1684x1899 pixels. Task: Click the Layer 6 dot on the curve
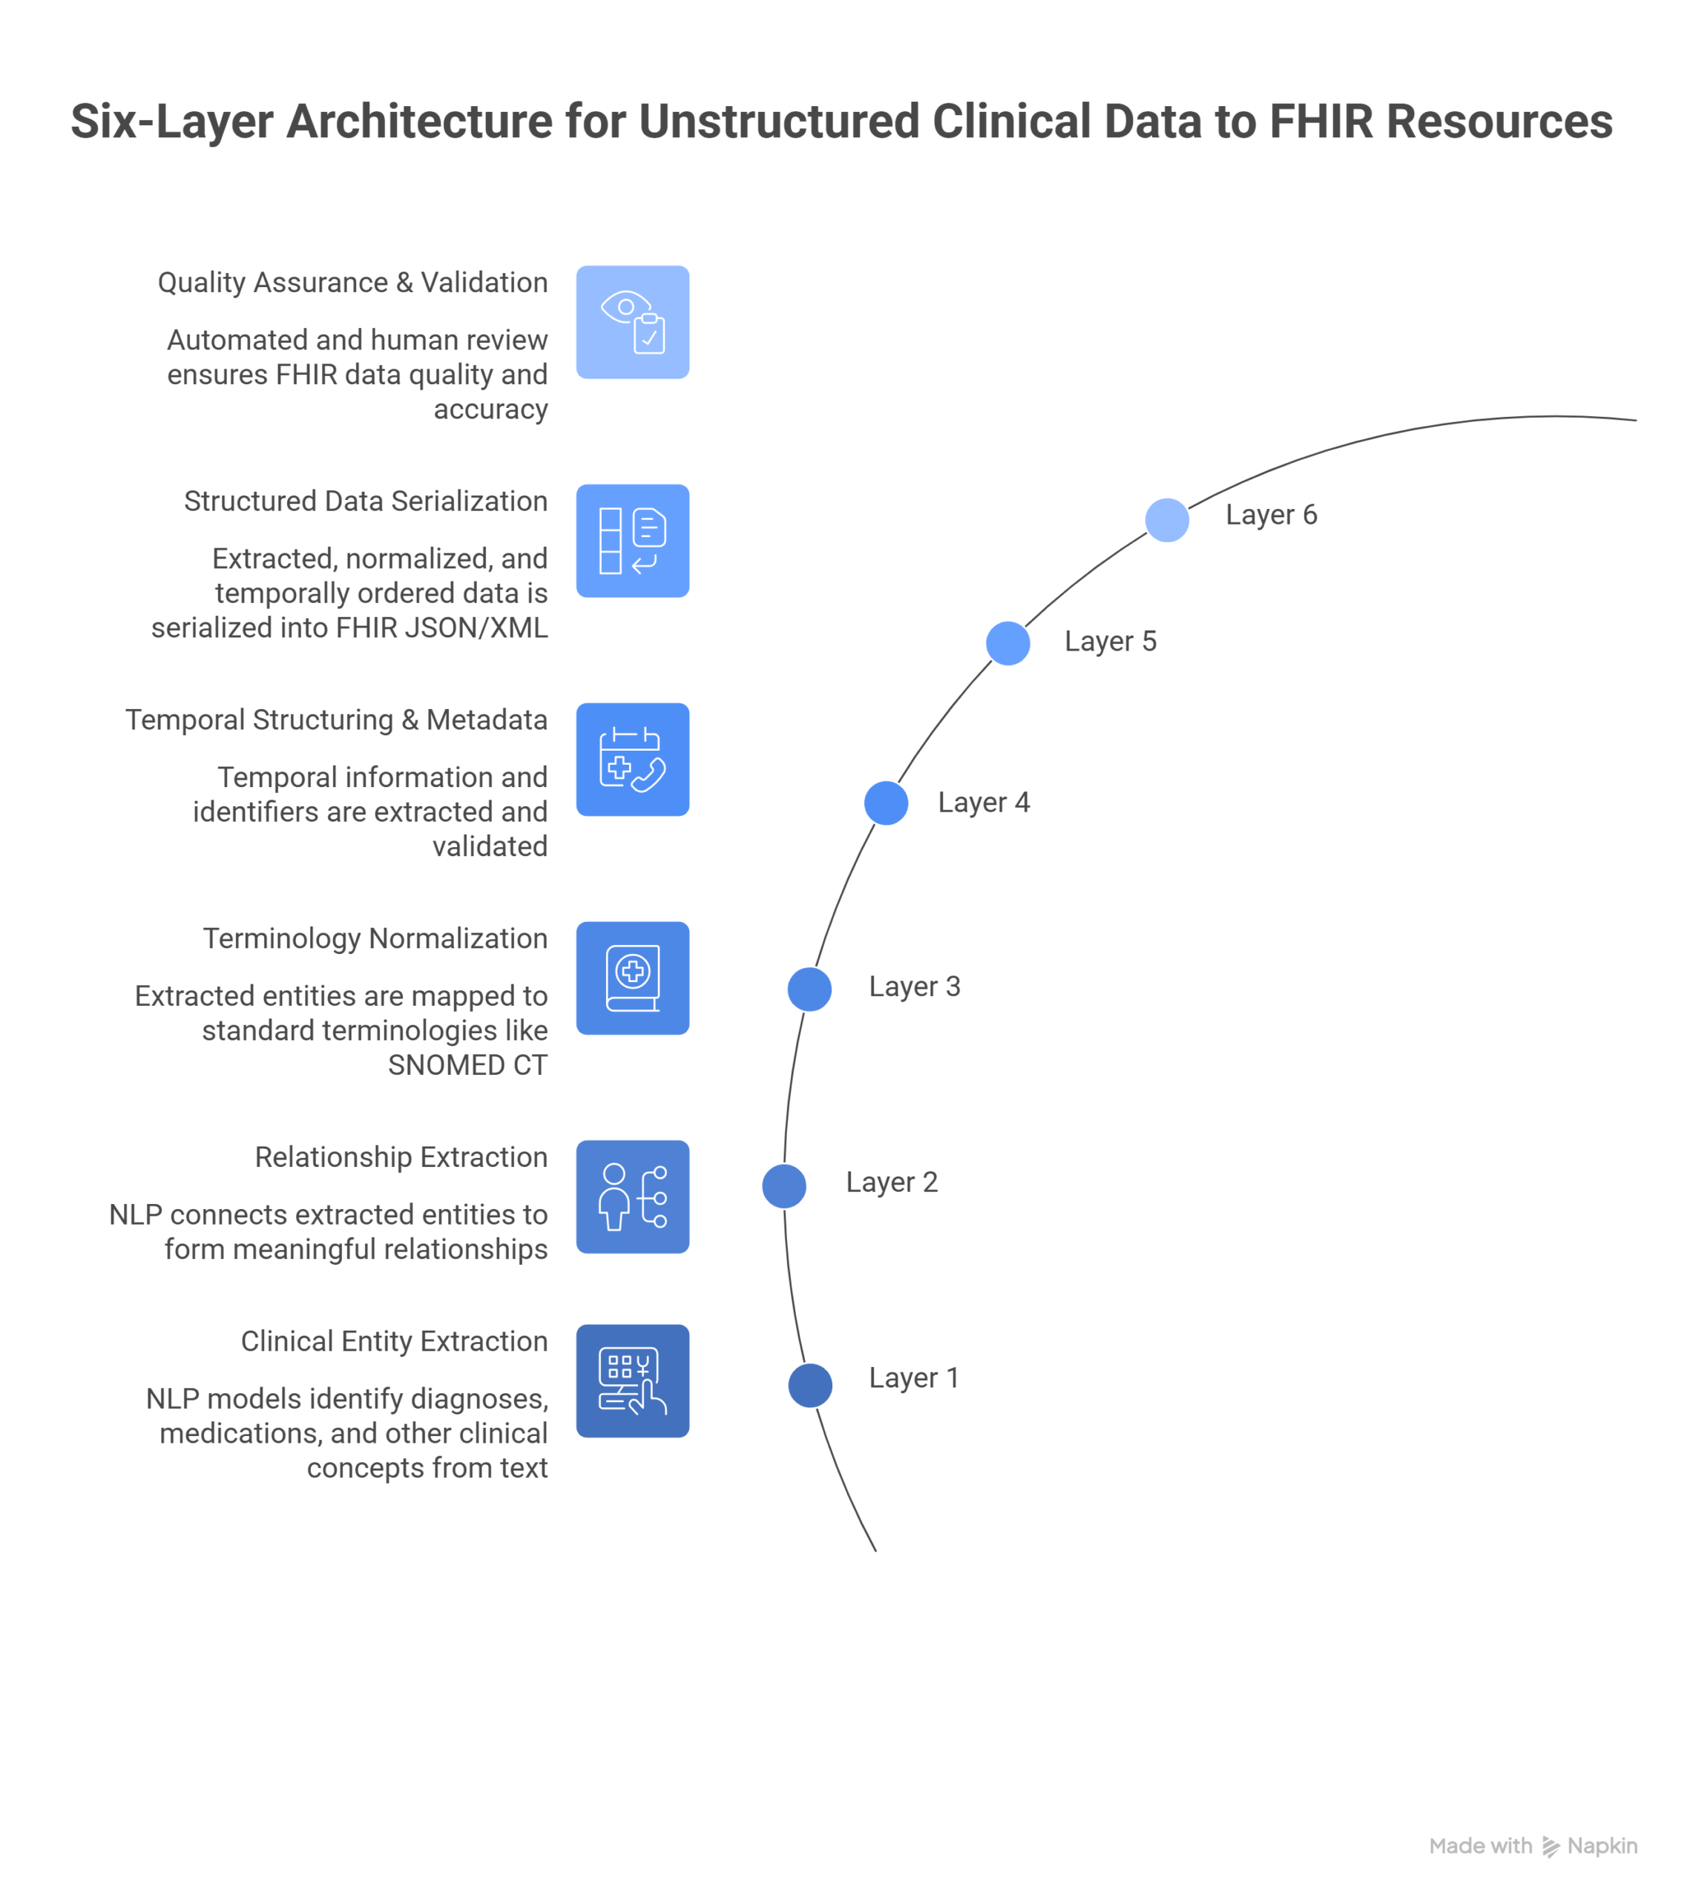pos(1166,520)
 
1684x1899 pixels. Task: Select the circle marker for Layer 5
pos(1007,643)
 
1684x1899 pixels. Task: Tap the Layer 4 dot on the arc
pos(886,803)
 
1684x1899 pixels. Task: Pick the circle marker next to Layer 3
pos(809,989)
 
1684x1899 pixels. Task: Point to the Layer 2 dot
pos(783,1186)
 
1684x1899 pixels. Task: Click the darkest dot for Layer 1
pos(809,1385)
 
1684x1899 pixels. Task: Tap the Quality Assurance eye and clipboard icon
pos(632,323)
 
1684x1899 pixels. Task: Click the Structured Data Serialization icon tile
pos(632,541)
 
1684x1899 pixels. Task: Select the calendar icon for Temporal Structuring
pos(632,759)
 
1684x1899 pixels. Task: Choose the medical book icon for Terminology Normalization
pos(632,978)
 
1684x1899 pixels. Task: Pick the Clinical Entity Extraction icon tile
pos(632,1380)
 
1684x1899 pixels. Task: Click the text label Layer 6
pos(1271,515)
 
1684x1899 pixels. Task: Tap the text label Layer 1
pos(913,1378)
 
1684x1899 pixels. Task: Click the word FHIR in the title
pos(1320,122)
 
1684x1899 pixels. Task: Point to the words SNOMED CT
pos(467,1064)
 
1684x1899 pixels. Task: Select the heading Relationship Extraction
pos(401,1156)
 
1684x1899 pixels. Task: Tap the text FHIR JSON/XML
pos(441,628)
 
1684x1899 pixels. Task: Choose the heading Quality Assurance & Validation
pos(352,283)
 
